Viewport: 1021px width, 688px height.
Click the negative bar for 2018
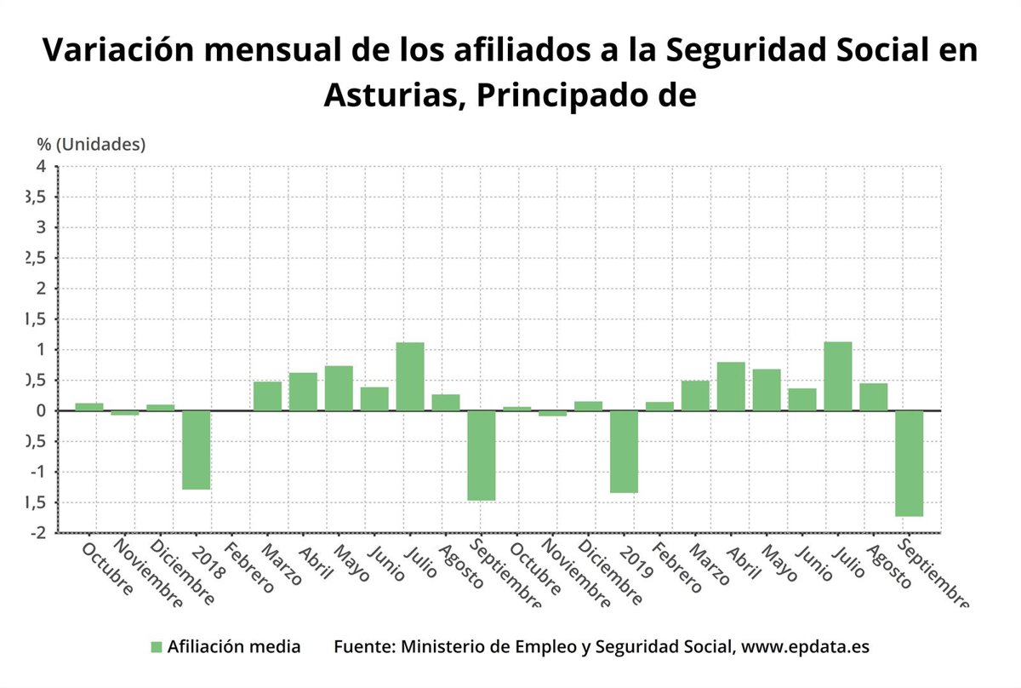(196, 450)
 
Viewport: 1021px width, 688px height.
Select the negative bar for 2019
(624, 451)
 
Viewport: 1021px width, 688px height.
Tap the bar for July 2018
(410, 376)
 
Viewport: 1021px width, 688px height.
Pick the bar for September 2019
(909, 463)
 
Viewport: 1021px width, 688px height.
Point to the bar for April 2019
(731, 387)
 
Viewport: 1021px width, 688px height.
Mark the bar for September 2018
(482, 455)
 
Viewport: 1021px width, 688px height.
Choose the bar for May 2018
(339, 388)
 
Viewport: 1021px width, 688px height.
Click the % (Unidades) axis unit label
(91, 144)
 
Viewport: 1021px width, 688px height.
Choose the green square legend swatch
(156, 646)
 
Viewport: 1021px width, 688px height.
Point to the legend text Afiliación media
(234, 646)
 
